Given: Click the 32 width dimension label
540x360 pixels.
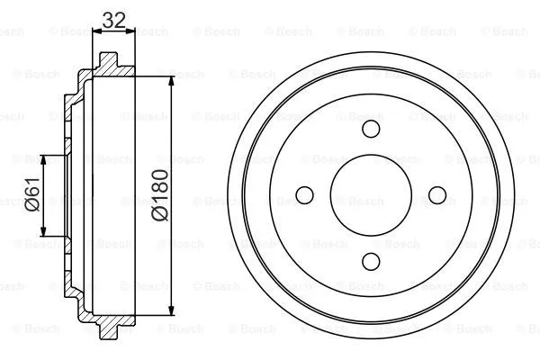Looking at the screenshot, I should [x=113, y=19].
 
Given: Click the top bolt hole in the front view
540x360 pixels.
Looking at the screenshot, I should [x=371, y=128].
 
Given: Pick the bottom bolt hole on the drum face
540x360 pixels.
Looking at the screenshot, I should [x=371, y=261].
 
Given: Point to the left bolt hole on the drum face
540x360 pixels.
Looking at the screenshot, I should [x=304, y=194].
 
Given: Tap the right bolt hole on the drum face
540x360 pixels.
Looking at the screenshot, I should [x=437, y=194].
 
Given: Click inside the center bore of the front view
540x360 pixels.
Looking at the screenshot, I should [x=371, y=194].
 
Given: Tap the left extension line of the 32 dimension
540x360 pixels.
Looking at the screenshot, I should [x=94, y=45].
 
